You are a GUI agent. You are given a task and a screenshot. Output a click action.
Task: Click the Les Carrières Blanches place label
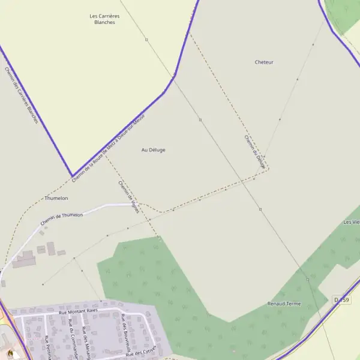102,19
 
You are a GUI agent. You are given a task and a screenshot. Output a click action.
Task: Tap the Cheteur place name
264,62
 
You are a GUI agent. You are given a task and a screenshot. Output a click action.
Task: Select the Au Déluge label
153,150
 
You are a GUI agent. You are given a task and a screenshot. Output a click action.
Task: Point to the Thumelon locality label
56,198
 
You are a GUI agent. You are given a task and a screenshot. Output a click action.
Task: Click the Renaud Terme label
284,304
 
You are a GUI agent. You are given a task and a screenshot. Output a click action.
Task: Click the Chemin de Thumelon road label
62,219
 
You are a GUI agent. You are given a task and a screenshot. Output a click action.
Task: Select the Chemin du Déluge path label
255,151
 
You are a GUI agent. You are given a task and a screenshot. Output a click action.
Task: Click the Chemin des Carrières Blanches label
21,95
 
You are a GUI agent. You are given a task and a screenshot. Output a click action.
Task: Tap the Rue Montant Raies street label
78,312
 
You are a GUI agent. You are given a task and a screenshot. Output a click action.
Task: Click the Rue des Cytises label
141,352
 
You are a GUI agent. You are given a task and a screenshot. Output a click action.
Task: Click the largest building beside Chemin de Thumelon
24,260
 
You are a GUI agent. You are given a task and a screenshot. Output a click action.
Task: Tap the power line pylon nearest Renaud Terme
308,280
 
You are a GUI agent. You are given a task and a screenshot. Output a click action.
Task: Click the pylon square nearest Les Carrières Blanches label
146,40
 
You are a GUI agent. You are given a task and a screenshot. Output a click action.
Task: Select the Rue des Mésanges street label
88,343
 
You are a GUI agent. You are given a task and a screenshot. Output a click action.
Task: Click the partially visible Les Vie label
352,222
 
